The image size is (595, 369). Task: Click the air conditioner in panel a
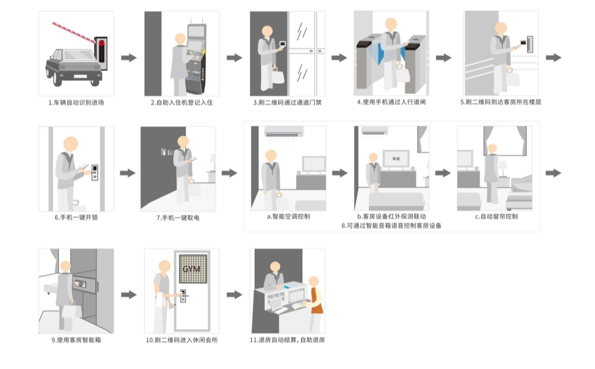[x=284, y=132]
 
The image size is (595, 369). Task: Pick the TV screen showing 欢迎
[x=395, y=159]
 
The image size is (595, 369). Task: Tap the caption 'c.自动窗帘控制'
[x=496, y=217]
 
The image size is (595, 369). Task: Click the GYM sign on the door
[x=192, y=269]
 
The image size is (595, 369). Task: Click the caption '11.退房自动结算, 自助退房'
[x=287, y=340]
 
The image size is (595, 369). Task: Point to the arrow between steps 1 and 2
[x=129, y=58]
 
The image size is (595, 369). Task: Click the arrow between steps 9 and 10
[x=129, y=295]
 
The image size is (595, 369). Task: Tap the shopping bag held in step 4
[x=403, y=74]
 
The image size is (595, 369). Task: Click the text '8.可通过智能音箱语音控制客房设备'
[x=391, y=226]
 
